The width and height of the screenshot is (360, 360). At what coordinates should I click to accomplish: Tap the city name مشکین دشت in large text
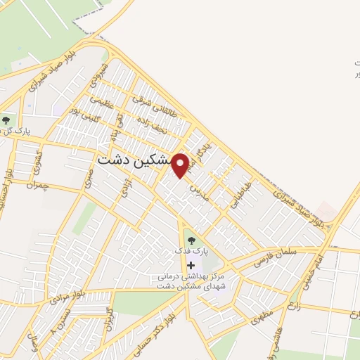pyautogui.click(x=134, y=160)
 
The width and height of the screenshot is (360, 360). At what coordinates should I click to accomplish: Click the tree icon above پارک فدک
pyautogui.click(x=191, y=240)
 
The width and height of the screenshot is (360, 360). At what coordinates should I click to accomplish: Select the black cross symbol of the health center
pyautogui.click(x=191, y=264)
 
